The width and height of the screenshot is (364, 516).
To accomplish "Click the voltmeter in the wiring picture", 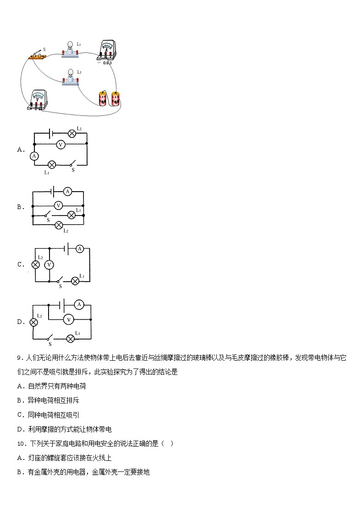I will click(37, 100).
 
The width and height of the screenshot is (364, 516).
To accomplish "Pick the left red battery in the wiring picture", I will click(102, 98).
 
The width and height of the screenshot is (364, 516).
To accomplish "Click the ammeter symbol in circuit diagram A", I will click(33, 156).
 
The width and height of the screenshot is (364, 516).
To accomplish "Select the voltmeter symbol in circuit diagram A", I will click(60, 144).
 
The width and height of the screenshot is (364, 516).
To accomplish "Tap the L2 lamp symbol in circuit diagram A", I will click(72, 134).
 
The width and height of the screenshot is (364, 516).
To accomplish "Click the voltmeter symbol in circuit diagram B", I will click(58, 205).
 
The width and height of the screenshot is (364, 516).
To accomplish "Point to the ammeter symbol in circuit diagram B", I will click(67, 191).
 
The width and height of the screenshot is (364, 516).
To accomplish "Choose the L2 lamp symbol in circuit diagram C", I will click(35, 265).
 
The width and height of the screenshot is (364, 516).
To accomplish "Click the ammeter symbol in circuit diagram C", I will click(79, 249).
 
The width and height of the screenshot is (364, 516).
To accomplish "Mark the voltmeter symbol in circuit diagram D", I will click(68, 319).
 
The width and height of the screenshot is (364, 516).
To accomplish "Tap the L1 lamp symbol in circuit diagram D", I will click(71, 339).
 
